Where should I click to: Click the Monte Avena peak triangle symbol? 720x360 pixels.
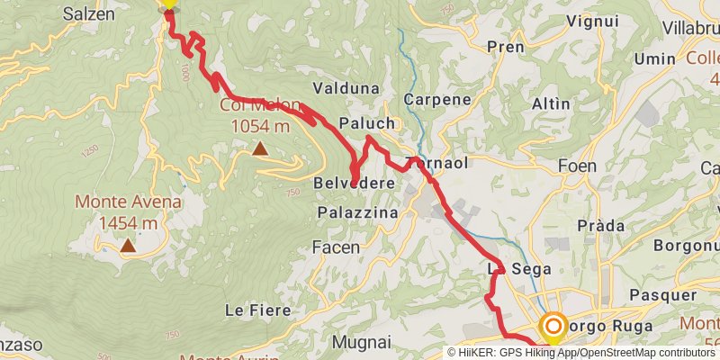pyautogui.click(x=128, y=245)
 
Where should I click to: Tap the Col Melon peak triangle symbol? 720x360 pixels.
pyautogui.click(x=260, y=148)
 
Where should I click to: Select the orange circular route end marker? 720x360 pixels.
pyautogui.click(x=553, y=327)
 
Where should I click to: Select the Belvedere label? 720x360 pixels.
pyautogui.click(x=355, y=184)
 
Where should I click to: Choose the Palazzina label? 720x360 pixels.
pyautogui.click(x=358, y=212)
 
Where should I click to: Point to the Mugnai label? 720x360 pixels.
pyautogui.click(x=361, y=342)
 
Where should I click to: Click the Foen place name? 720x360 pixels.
pyautogui.click(x=577, y=166)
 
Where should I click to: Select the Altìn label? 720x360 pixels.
pyautogui.click(x=551, y=103)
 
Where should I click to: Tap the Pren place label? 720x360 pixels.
pyautogui.click(x=505, y=47)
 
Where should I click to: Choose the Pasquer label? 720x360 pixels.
pyautogui.click(x=664, y=294)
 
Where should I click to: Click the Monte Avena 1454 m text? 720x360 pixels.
pyautogui.click(x=128, y=212)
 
